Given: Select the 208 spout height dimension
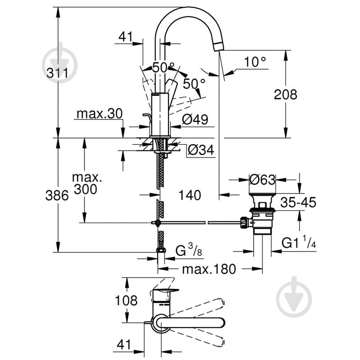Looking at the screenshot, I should (286, 95).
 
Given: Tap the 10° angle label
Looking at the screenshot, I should (255, 62).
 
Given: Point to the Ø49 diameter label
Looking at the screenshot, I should (195, 119).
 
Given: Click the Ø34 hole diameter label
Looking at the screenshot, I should (200, 150).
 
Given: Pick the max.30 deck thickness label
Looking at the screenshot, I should (99, 114).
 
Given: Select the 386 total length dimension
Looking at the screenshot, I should (57, 196).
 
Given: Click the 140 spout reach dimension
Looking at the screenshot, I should (189, 196).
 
